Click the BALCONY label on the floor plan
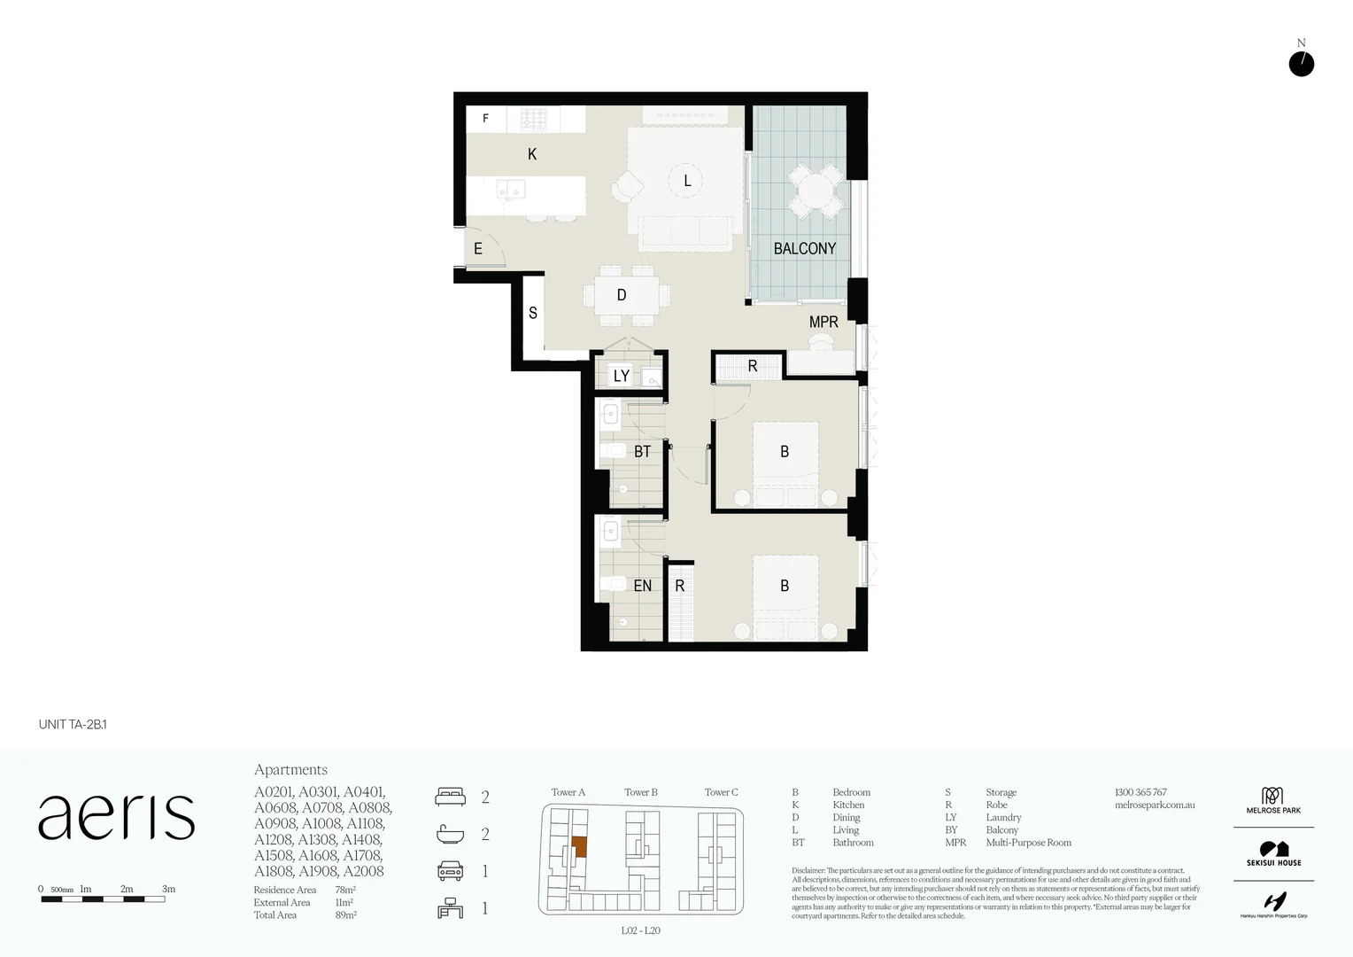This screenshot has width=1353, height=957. pos(804,249)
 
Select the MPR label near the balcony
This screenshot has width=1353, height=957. pos(823,323)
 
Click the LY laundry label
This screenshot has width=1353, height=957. pos(622,376)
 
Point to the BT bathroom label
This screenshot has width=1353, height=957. pos(642,452)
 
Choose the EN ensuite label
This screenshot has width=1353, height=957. pos(642,586)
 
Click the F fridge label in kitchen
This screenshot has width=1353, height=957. pos(485,119)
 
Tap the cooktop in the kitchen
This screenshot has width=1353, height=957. pos(533,119)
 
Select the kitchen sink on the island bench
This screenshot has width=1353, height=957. pos(510,189)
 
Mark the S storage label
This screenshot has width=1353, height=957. pos(533,313)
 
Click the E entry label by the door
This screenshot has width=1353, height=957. pos(478,249)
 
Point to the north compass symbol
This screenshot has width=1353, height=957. pos(1301,64)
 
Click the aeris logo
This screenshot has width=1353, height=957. pos(116,817)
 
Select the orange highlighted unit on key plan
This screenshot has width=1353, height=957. pos(579,846)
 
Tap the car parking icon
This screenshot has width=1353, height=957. pos(450,871)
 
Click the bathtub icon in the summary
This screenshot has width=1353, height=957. pos(450,834)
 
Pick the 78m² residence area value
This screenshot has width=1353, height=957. pos(345,890)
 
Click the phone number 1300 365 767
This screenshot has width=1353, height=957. pos(1140,792)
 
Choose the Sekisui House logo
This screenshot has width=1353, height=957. pos(1273,854)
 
